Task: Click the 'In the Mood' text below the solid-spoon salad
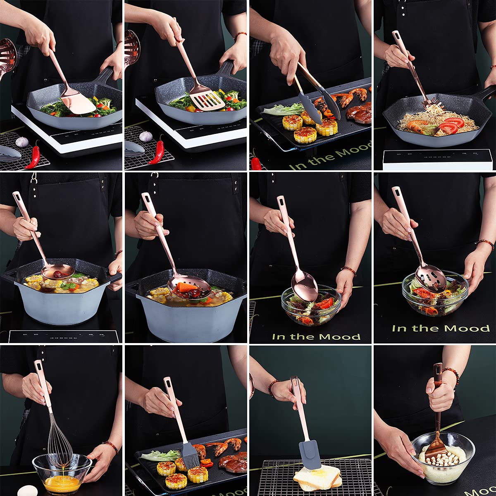coord(316,336)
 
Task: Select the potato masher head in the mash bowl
coord(434,448)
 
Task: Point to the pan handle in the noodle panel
coord(486,95)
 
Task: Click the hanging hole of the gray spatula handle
coord(294,382)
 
